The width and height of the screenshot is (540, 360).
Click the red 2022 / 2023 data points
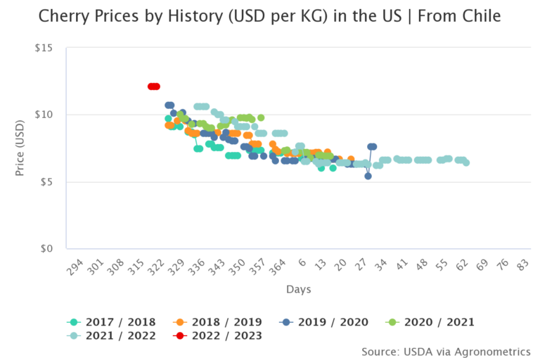click(x=153, y=86)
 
